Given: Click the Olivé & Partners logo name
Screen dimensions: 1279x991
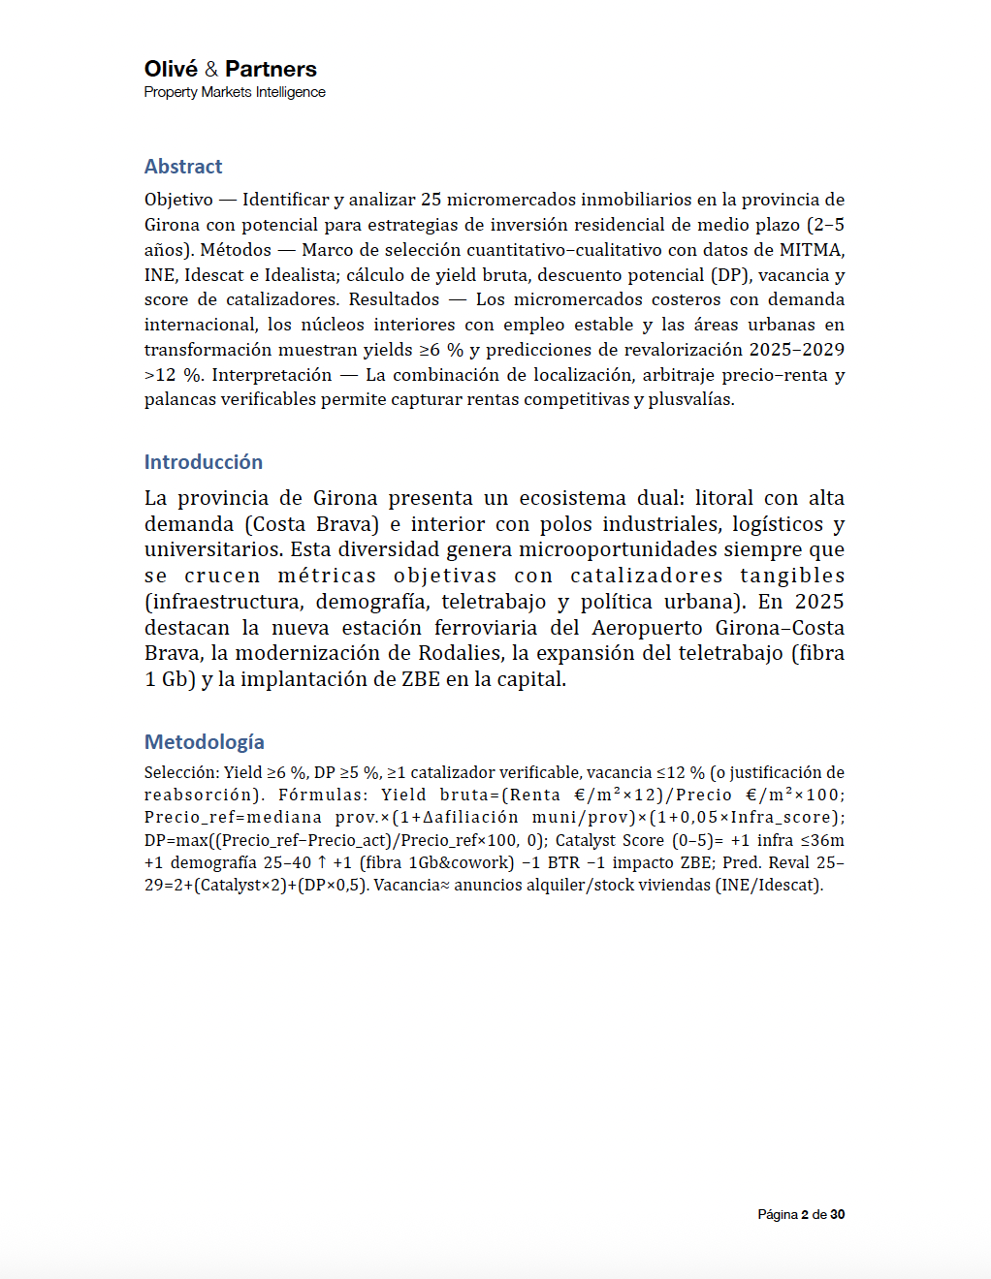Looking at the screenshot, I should [x=231, y=69].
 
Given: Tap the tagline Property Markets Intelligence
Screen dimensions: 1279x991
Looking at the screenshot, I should [x=235, y=92].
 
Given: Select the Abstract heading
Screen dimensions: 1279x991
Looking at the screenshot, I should [x=183, y=167].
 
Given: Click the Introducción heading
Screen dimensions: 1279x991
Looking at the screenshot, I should [x=204, y=462].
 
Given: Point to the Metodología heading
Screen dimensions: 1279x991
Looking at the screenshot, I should [x=205, y=742].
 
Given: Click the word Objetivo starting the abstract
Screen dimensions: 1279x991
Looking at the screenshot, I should [x=178, y=200].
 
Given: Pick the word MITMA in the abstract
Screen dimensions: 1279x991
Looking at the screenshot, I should [x=812, y=250].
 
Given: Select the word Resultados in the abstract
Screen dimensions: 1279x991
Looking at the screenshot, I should [x=394, y=299].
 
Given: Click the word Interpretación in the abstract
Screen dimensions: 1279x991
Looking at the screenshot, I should [x=272, y=375].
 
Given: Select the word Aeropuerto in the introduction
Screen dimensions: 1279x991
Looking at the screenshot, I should [x=647, y=628].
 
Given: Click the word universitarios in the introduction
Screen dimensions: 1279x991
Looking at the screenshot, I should [x=213, y=549].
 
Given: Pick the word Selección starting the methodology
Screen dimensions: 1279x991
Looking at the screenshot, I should [x=181, y=773].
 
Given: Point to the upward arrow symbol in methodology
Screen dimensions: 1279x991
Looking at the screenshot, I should [x=322, y=862].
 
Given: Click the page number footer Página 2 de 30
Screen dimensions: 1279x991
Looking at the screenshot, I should [x=801, y=1215].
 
